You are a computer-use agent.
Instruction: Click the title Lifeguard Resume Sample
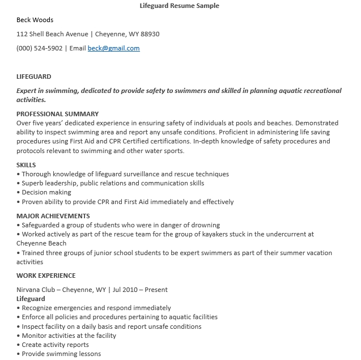tap(179, 6)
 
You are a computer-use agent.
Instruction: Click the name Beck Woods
tap(35, 20)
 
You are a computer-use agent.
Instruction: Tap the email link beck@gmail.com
tap(113, 48)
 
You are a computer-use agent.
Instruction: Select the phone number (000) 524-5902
tap(40, 48)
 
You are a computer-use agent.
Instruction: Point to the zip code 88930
tap(150, 34)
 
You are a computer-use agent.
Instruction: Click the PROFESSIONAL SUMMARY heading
tap(57, 114)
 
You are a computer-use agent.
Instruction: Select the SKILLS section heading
tap(26, 165)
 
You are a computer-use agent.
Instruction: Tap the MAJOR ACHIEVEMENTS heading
tap(53, 216)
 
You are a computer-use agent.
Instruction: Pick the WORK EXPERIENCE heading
tap(46, 276)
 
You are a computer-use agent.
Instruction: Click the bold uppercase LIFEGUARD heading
tap(34, 77)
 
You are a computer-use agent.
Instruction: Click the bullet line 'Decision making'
tap(46, 193)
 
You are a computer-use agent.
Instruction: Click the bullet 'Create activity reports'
tap(55, 345)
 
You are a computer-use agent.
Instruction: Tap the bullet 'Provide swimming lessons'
tap(61, 354)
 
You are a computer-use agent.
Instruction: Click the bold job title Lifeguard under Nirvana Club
tap(31, 299)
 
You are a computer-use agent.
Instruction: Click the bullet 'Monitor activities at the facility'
tap(69, 336)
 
